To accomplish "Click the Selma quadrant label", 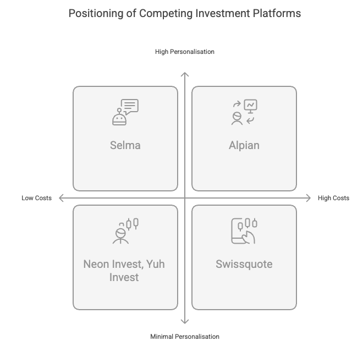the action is pos(125,145).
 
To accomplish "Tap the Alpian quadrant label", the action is pos(244,145).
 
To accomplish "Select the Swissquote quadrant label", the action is pos(244,264).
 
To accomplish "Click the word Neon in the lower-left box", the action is pos(96,264).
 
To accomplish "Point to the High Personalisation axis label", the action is pos(185,52).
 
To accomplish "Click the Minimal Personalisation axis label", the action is pos(185,337).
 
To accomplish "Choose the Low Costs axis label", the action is pos(37,198).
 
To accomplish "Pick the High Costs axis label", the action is pos(333,198).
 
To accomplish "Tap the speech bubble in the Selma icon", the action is pos(130,107).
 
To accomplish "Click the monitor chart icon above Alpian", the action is pos(250,106).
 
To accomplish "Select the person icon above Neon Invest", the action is pos(120,236).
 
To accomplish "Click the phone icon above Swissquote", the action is pos(239,231).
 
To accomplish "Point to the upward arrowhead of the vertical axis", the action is pos(185,73).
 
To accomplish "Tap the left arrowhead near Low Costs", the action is pos(59,198).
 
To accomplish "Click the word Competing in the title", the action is pos(166,13).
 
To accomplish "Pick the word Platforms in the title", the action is pos(277,13).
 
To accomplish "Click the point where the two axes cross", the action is pos(185,198).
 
